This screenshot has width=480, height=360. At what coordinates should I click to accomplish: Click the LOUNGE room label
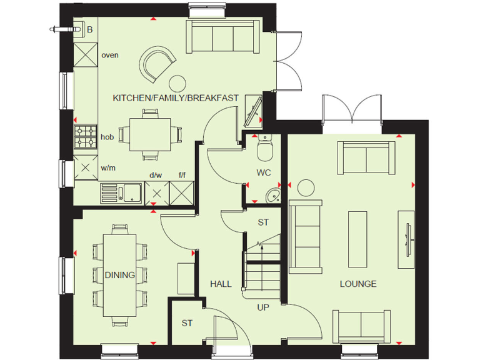coord(358,284)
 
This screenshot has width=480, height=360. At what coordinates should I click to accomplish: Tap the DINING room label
coord(119,274)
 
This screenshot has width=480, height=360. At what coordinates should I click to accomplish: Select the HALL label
coord(221,284)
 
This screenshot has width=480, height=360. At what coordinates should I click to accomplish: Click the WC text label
coord(263,172)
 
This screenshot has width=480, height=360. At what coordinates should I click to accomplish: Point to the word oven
coord(110,55)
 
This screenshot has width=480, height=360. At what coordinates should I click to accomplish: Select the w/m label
coord(108,167)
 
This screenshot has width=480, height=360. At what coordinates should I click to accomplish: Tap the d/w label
coord(156,176)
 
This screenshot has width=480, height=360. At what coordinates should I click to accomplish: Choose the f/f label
coord(182,176)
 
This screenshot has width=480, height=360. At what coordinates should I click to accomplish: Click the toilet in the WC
coord(264,148)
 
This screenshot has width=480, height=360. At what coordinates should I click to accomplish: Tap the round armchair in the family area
coord(156,65)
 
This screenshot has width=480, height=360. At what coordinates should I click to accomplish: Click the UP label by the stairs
coord(264,307)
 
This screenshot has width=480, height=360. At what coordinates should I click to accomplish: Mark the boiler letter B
coord(90,29)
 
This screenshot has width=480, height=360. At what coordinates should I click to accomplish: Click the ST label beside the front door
coord(187,323)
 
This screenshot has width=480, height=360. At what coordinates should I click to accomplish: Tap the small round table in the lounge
coord(306,187)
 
